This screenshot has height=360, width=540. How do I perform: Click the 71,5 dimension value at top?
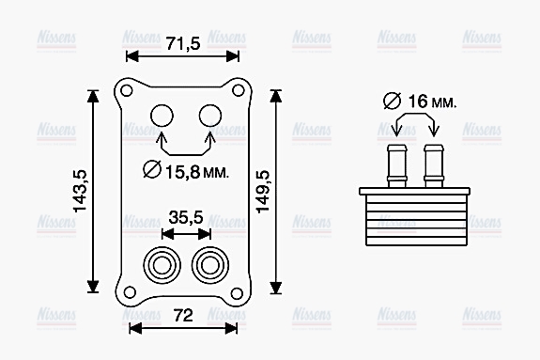(x=183, y=43)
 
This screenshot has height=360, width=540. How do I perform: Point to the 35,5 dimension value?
(x=185, y=217)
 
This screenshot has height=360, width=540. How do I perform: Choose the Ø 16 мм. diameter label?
(x=420, y=101)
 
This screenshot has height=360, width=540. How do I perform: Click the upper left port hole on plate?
(x=162, y=115)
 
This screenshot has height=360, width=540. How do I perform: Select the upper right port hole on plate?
(x=208, y=115)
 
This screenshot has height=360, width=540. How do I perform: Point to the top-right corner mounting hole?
(x=239, y=91)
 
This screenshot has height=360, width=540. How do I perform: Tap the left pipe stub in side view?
(x=396, y=164)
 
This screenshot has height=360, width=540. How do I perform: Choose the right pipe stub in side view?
(x=433, y=164)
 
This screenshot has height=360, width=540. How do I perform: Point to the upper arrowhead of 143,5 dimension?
(x=93, y=95)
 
